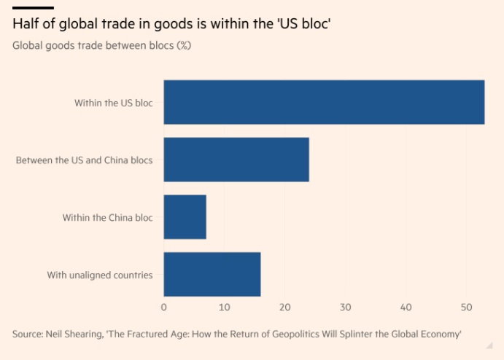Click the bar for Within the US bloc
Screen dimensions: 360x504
point(324,102)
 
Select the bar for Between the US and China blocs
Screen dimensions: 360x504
point(236,160)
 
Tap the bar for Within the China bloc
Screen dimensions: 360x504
point(185,217)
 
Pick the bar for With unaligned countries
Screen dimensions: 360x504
point(212,275)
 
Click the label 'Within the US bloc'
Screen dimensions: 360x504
point(113,103)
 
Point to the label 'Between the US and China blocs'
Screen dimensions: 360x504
point(85,160)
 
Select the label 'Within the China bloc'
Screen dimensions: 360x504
point(108,217)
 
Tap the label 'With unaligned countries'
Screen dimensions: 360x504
point(100,275)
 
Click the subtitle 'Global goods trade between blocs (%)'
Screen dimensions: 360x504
point(107,46)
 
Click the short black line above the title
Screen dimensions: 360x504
point(33,8)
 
